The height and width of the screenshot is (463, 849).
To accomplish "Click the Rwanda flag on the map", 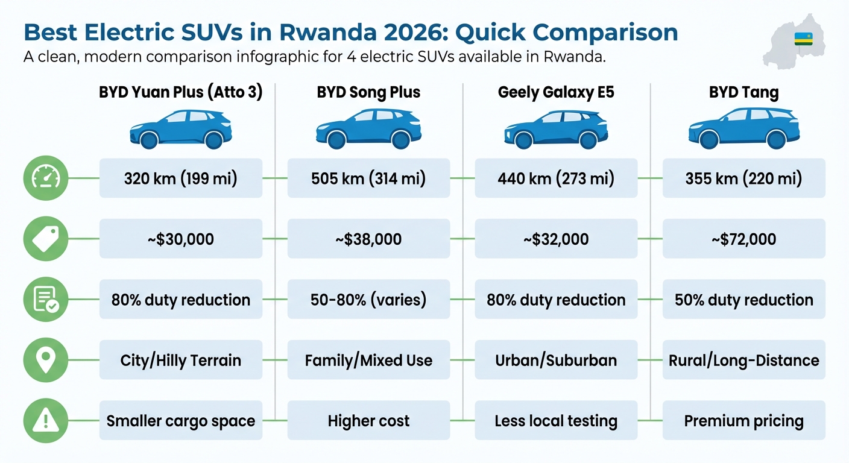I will [x=804, y=39].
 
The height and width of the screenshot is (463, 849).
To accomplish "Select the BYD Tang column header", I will [x=743, y=93].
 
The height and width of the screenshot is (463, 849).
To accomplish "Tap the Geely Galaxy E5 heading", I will [x=556, y=93].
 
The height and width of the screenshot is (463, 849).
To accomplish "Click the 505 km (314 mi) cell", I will [x=368, y=178].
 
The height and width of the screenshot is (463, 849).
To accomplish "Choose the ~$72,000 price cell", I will [x=743, y=239].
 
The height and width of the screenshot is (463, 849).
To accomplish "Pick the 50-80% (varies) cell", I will [x=368, y=300].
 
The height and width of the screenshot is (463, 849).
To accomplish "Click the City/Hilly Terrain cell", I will [x=180, y=360].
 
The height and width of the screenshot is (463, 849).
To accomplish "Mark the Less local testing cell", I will [x=556, y=420].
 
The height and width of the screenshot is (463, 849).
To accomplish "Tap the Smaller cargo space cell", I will [x=180, y=420].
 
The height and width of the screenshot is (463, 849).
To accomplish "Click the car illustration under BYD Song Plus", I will [x=368, y=128].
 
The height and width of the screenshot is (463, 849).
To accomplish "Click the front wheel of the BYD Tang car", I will [x=709, y=140].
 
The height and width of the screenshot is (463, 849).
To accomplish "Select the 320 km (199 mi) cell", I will [x=180, y=178].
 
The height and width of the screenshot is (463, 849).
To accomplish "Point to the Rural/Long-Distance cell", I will [x=743, y=360].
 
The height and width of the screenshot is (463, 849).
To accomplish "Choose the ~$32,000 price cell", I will [x=556, y=239].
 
